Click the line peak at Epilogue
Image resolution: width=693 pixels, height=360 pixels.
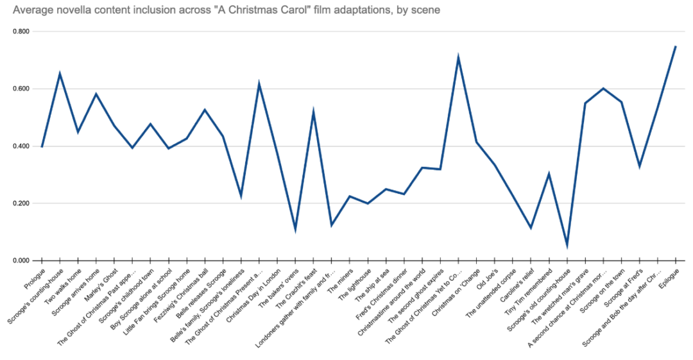point(676,46)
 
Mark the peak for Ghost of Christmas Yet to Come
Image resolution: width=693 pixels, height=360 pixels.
point(458,58)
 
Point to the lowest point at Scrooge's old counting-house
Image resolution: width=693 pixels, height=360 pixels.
point(567,245)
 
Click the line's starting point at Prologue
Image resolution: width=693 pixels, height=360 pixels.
point(42,147)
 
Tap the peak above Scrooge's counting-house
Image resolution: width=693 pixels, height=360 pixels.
point(60,74)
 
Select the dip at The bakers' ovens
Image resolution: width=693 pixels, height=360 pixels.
point(295,229)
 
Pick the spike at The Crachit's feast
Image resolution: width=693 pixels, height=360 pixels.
point(313,112)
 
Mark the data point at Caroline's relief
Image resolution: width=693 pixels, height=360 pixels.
point(531,228)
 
